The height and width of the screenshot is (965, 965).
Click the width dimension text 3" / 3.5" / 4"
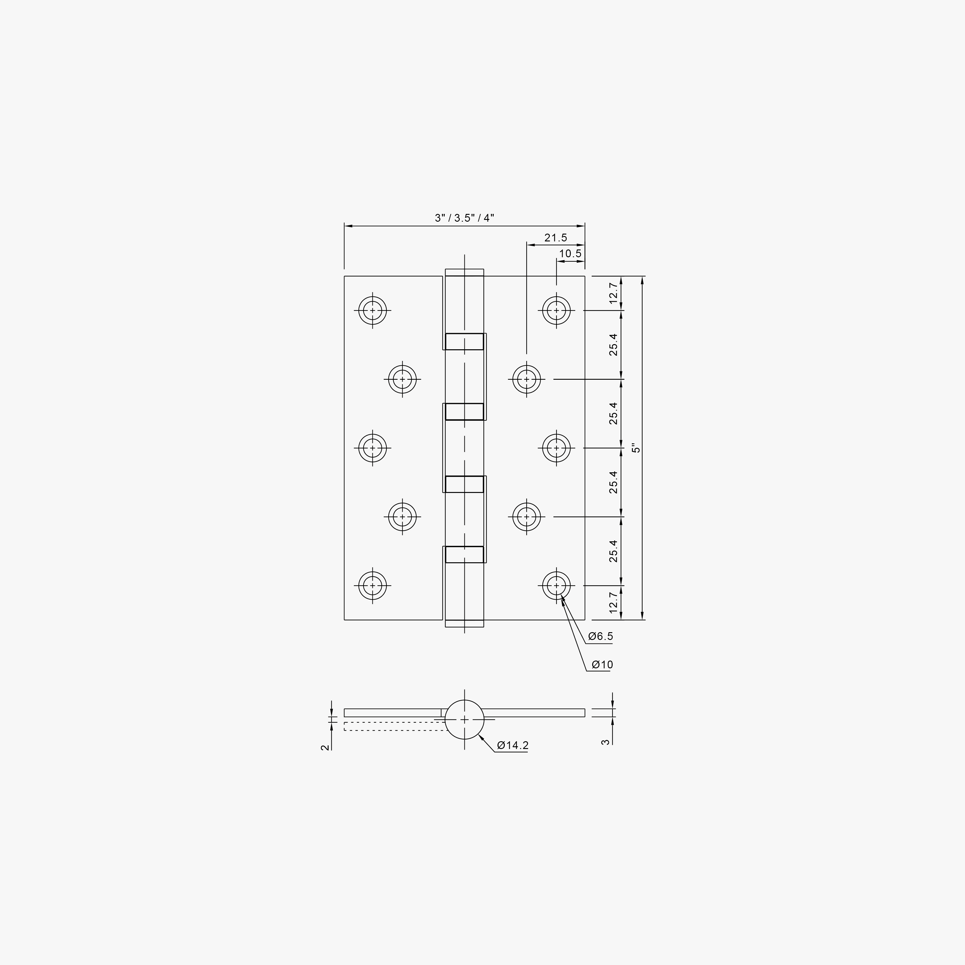[464, 218]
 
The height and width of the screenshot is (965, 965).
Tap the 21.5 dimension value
[556, 238]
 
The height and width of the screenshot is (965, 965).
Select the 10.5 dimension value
[570, 253]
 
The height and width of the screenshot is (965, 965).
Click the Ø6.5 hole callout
[600, 636]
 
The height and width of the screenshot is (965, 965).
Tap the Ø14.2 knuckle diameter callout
[513, 746]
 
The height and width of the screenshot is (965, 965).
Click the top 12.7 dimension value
[613, 293]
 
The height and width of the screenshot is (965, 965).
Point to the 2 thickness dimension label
[325, 747]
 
